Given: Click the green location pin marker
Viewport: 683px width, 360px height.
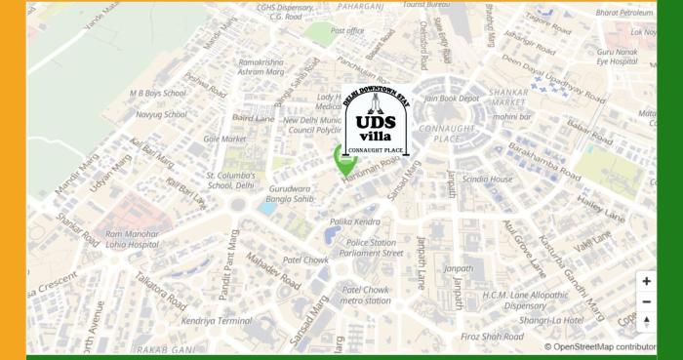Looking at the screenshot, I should pyautogui.click(x=345, y=158).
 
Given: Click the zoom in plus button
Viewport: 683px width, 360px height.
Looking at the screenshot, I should pyautogui.click(x=646, y=281).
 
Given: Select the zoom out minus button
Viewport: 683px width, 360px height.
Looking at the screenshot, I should pyautogui.click(x=646, y=301).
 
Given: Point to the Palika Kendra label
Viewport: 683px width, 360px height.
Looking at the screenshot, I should pyautogui.click(x=354, y=221).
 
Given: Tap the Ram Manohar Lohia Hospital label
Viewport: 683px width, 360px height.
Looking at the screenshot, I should pyautogui.click(x=132, y=239).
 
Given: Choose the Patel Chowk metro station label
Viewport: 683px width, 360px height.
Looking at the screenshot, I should pyautogui.click(x=366, y=295).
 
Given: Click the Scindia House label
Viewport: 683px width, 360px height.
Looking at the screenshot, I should pyautogui.click(x=487, y=179).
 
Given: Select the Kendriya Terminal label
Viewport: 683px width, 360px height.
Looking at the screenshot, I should pyautogui.click(x=216, y=320).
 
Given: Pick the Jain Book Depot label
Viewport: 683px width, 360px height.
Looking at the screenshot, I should pyautogui.click(x=452, y=98).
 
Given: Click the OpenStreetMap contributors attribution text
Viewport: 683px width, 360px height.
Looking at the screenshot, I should pyautogui.click(x=613, y=346).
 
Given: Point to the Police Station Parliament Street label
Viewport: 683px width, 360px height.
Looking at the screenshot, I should pyautogui.click(x=375, y=247).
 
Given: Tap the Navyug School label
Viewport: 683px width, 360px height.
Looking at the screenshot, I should pyautogui.click(x=161, y=114).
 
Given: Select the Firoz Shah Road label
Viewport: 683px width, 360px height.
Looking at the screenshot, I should pyautogui.click(x=494, y=337).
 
